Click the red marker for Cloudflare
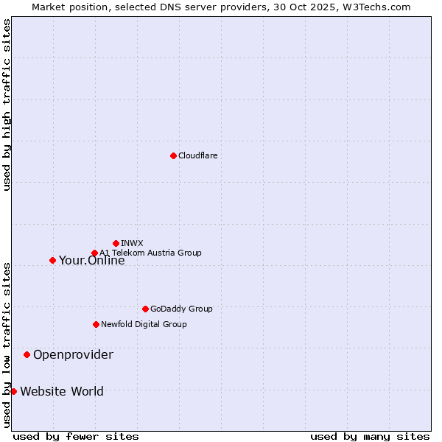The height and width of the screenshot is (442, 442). (173, 155)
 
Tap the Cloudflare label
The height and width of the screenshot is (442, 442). (197, 155)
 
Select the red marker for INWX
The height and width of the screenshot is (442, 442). (116, 243)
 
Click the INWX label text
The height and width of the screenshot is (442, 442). (132, 243)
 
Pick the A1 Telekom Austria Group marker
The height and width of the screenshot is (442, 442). (94, 253)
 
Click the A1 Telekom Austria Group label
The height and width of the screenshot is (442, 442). (150, 253)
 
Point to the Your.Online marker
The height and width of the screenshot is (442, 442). (52, 260)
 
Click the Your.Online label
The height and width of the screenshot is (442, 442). (91, 260)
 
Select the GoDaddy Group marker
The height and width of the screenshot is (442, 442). (145, 309)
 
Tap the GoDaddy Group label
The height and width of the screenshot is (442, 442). (181, 309)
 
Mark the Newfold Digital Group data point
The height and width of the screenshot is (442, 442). (96, 324)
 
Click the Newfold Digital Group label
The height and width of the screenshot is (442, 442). (144, 324)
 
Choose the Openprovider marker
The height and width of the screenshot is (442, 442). (27, 354)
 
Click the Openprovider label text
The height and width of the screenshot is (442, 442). (73, 355)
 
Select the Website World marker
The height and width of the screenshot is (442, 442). (13, 391)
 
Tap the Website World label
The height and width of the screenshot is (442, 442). (62, 391)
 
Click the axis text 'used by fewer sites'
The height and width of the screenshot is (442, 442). (76, 436)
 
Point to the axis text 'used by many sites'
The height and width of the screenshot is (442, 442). (370, 436)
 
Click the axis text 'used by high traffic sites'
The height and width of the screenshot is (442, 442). (7, 105)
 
